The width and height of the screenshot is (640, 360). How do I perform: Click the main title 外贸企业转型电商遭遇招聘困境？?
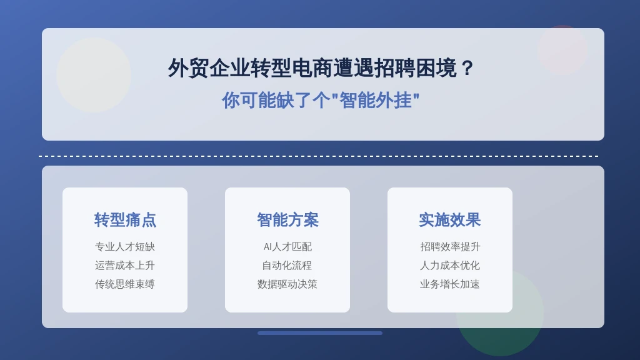[x=321, y=67]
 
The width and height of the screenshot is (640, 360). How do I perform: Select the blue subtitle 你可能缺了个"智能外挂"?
[x=321, y=100]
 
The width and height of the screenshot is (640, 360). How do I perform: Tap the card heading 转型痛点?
[x=125, y=219]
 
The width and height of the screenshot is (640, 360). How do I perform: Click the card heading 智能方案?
[x=287, y=219]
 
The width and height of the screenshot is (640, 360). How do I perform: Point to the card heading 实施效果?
[x=450, y=219]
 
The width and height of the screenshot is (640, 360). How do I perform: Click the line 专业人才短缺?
[x=125, y=246]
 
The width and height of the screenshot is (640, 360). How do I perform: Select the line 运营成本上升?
[x=125, y=265]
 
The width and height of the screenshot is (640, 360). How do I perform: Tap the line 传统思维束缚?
[x=125, y=284]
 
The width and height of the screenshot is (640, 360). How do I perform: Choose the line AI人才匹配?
[x=287, y=246]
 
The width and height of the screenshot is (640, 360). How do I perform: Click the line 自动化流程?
[x=287, y=265]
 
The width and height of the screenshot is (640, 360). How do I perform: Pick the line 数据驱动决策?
[x=287, y=284]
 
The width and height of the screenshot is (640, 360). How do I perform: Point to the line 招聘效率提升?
[x=450, y=246]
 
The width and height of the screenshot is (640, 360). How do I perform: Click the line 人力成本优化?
[x=450, y=265]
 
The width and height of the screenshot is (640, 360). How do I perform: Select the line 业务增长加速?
[x=450, y=284]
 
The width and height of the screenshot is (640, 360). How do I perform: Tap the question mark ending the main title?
[x=467, y=68]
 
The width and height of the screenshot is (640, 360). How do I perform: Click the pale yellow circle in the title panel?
[x=94, y=75]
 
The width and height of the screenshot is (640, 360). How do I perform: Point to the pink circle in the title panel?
[x=563, y=50]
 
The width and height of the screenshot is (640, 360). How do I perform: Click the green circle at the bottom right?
[x=499, y=312]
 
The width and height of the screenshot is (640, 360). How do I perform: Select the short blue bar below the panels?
[x=320, y=333]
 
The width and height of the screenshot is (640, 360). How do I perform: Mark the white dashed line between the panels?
[x=319, y=156]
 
